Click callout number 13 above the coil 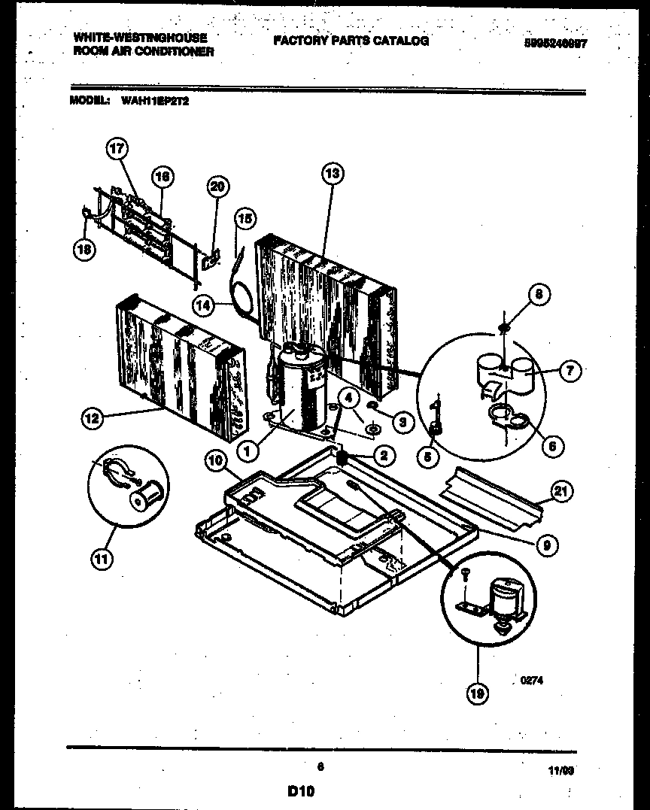click(x=331, y=174)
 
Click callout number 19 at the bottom click(x=475, y=694)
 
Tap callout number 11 click(x=99, y=557)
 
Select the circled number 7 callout click(x=570, y=370)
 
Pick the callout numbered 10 click(x=214, y=463)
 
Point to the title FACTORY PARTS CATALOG click(x=351, y=41)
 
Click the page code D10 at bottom click(x=300, y=790)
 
